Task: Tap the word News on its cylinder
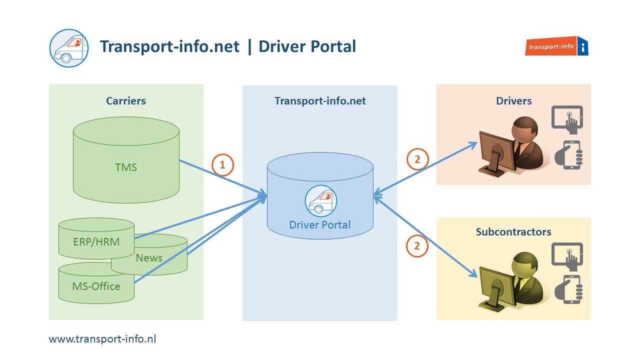click(149, 258)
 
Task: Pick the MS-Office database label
click(96, 286)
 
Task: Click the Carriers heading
click(126, 101)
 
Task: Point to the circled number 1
click(223, 164)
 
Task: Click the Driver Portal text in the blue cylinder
click(320, 224)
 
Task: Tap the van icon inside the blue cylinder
click(320, 201)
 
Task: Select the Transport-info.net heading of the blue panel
click(320, 101)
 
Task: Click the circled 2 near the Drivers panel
click(417, 159)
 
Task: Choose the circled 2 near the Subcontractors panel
click(417, 245)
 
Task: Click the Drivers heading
click(513, 101)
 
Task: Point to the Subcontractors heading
click(513, 232)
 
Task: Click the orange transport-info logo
click(556, 46)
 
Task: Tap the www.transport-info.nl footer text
click(102, 339)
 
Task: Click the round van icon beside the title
click(69, 48)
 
